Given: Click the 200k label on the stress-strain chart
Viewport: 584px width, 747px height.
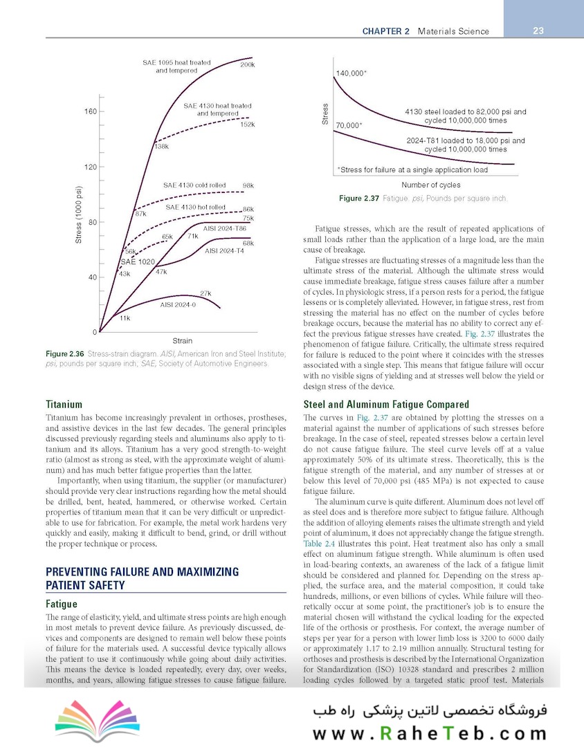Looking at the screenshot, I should [x=247, y=65].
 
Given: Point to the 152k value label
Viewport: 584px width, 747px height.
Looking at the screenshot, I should [x=248, y=124].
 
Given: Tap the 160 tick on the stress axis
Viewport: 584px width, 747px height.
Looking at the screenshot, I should [x=91, y=111].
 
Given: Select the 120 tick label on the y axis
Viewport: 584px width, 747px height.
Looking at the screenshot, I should [x=91, y=167].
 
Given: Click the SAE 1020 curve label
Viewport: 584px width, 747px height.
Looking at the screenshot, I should [x=138, y=262].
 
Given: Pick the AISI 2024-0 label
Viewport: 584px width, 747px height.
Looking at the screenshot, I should [x=176, y=304].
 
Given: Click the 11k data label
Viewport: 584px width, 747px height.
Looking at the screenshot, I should [x=125, y=318].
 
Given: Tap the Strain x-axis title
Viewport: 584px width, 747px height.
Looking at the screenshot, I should [x=182, y=341].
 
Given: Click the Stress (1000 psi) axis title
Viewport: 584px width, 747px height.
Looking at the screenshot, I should [x=78, y=214].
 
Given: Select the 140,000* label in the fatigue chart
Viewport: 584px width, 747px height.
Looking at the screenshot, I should [x=352, y=73].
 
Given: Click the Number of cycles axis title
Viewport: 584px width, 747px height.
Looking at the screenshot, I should [x=430, y=185].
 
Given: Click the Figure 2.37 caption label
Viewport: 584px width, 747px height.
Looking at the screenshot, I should [x=359, y=199].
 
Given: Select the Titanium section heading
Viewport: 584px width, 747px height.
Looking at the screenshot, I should [x=64, y=404].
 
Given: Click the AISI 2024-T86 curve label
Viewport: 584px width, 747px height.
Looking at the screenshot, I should [x=225, y=228].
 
